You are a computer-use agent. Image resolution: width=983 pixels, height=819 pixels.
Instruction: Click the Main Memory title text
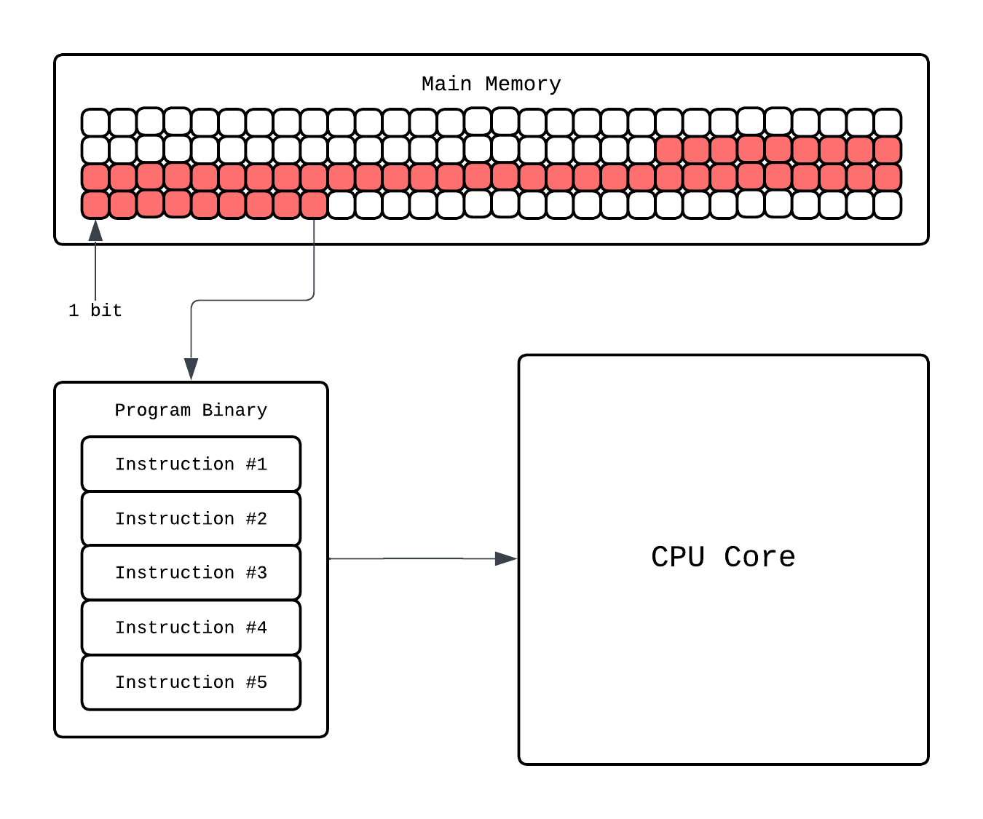click(x=491, y=84)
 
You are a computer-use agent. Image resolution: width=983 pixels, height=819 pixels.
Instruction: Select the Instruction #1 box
click(x=191, y=464)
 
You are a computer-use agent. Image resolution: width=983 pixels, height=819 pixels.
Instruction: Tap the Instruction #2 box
click(x=191, y=519)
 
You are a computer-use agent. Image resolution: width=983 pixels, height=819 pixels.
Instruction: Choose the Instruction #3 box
click(x=191, y=573)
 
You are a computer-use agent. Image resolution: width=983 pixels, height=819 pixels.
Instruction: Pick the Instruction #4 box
click(x=191, y=628)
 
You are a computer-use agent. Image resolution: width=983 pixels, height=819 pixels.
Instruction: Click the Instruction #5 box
click(x=191, y=682)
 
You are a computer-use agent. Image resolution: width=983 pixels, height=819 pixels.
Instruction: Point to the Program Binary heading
click(x=191, y=411)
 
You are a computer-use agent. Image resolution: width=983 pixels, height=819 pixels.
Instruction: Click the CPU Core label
click(x=722, y=558)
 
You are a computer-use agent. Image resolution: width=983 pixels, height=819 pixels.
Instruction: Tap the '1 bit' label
click(x=95, y=311)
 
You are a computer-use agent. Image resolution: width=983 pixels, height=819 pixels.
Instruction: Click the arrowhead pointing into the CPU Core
click(x=506, y=558)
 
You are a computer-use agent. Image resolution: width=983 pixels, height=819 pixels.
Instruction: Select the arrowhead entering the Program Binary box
click(x=191, y=368)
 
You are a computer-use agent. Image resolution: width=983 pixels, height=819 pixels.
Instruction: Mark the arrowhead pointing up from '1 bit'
click(x=95, y=231)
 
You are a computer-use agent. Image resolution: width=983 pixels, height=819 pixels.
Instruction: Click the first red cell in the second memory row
click(x=668, y=151)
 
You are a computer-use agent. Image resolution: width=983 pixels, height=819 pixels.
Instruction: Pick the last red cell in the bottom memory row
click(x=314, y=205)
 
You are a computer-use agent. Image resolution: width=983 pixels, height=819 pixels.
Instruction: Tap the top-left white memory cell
click(x=95, y=122)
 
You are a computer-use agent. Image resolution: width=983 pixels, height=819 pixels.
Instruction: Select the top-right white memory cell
click(x=888, y=122)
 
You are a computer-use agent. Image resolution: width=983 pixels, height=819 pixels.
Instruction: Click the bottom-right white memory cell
click(x=888, y=205)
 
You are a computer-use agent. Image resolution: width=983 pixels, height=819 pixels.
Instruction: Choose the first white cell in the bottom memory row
click(x=341, y=205)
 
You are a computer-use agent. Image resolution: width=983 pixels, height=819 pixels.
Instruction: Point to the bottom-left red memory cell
click(x=95, y=205)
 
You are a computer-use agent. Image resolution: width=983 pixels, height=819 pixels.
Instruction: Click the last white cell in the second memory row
click(x=641, y=151)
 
